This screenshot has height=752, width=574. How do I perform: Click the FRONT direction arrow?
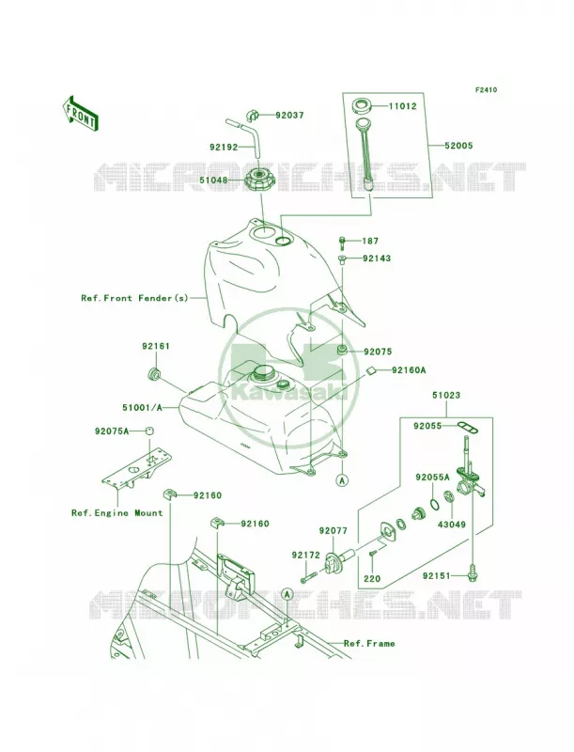pyautogui.click(x=80, y=113)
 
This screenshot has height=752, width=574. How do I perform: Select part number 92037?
pyautogui.click(x=289, y=116)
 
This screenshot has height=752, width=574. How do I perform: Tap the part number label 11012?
pyautogui.click(x=402, y=106)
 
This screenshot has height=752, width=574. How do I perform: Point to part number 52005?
pyautogui.click(x=458, y=146)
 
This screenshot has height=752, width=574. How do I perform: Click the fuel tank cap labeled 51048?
pyautogui.click(x=260, y=181)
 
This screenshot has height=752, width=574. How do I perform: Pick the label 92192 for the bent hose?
pyautogui.click(x=224, y=148)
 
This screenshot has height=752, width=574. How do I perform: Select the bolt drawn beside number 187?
pyautogui.click(x=342, y=243)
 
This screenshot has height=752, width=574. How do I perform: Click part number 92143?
pyautogui.click(x=377, y=258)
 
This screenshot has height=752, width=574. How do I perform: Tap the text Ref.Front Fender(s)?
pyautogui.click(x=134, y=298)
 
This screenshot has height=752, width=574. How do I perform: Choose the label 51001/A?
pyautogui.click(x=142, y=408)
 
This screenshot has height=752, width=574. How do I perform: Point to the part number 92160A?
pyautogui.click(x=409, y=370)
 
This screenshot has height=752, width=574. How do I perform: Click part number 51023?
pyautogui.click(x=446, y=396)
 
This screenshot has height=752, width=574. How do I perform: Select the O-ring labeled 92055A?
pyautogui.click(x=433, y=504)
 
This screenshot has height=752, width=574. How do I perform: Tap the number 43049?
pyautogui.click(x=451, y=525)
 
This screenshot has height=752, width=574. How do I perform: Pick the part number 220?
pyautogui.click(x=372, y=578)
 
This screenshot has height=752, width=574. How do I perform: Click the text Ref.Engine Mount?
pyautogui.click(x=116, y=513)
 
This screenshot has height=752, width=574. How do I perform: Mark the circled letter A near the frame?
pyautogui.click(x=287, y=595)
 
